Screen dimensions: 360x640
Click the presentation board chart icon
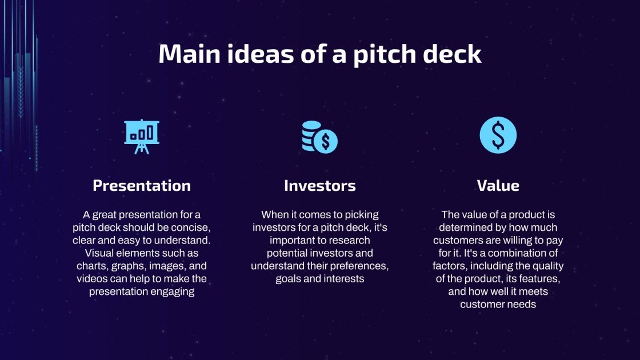[142, 136]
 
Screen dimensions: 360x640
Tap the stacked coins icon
[319, 137]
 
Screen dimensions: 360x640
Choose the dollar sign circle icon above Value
[498, 135]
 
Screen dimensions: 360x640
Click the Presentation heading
[142, 186]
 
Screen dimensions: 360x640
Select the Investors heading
[319, 186]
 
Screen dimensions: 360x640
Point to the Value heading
[498, 186]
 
